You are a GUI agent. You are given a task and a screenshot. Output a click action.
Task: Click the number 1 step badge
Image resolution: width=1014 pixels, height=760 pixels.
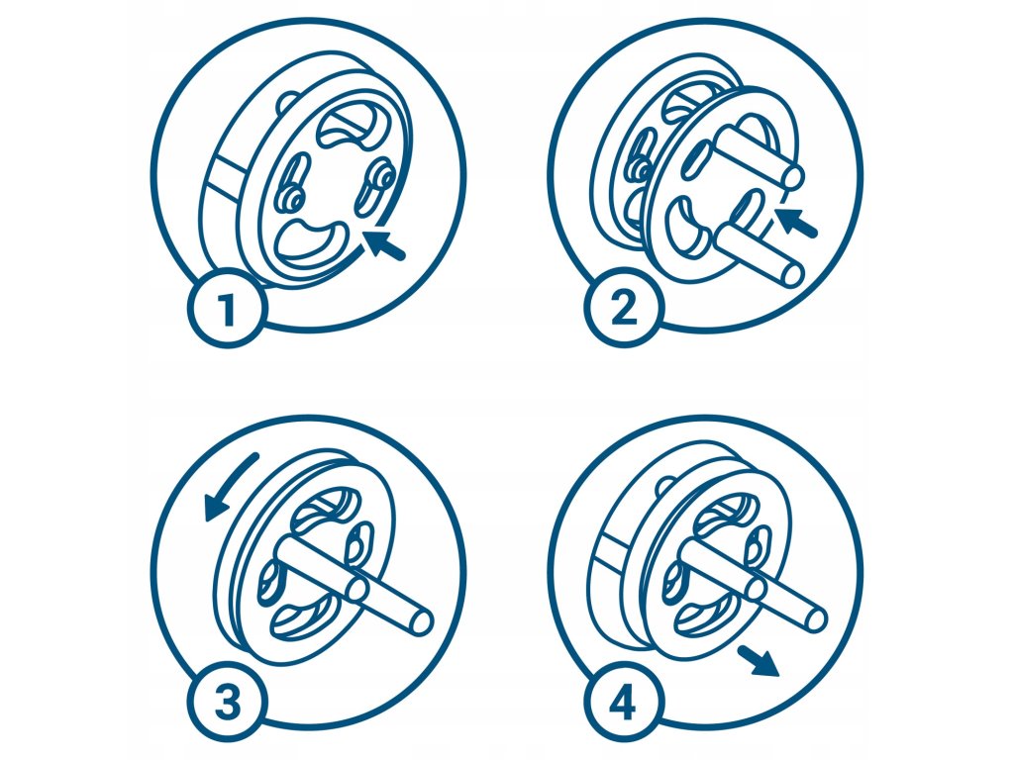(226, 310)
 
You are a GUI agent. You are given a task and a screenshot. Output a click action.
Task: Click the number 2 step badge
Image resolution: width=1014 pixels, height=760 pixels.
(624, 310)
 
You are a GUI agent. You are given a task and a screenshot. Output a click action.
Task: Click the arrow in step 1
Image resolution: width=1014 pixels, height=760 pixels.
(384, 245)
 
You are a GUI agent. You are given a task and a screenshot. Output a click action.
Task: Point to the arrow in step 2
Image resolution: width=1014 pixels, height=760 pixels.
(798, 222)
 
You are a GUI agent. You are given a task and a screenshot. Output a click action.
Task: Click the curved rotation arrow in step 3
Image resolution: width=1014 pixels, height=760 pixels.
(228, 485)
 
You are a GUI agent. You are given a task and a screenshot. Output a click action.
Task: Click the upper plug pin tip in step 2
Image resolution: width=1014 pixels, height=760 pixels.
(794, 176)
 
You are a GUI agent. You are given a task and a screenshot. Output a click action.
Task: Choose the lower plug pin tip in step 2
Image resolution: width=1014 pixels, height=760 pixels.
(792, 272)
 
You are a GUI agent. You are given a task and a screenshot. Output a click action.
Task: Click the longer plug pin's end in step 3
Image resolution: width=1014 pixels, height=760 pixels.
(421, 621)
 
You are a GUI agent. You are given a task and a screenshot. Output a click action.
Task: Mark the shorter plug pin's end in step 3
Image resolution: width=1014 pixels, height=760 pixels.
(357, 588)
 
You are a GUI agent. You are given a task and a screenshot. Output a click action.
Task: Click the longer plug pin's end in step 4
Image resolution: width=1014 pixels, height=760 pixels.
(817, 620)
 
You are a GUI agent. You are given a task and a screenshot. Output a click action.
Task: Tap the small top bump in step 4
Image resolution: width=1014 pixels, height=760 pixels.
(666, 486)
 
